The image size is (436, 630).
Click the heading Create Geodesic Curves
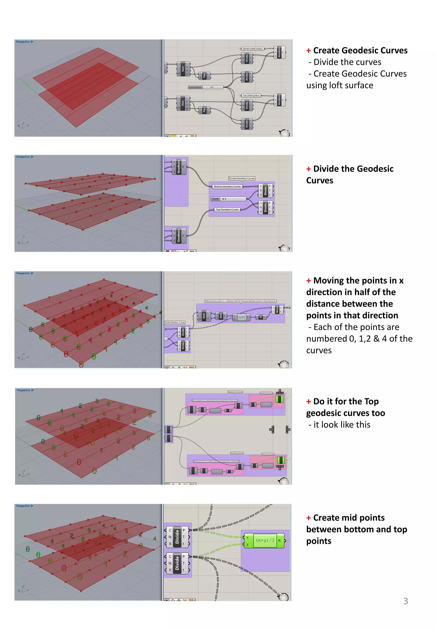coord(360,50)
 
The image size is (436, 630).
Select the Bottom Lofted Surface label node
coord(252,49)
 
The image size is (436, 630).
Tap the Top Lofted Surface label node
coord(251,96)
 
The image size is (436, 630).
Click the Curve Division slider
coord(205,87)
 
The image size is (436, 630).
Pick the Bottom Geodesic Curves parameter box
coord(227,187)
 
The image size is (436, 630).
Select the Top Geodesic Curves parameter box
coord(227,210)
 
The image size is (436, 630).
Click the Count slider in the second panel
coord(229,199)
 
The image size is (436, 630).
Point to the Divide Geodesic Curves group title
coord(241,178)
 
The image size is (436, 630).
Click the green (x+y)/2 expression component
coord(265,540)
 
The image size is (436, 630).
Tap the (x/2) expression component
coord(241,317)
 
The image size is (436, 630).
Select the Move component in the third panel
coord(277,310)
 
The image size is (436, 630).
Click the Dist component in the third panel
coord(221,316)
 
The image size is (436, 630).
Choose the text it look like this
coord(341,425)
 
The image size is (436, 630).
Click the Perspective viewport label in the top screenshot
coord(23,42)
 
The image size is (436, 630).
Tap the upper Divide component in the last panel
coord(177,537)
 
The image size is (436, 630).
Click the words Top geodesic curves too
coord(345,413)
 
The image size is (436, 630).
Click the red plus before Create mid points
coord(308,518)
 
